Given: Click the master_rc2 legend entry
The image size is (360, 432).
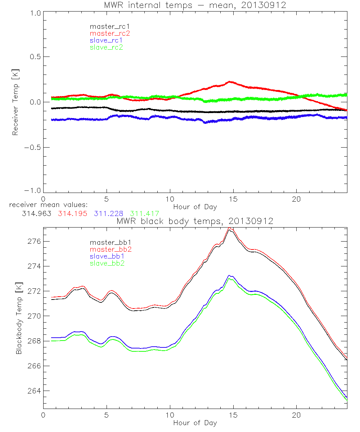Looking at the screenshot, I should coord(109,33).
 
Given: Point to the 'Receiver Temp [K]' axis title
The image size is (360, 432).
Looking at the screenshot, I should coord(15,102).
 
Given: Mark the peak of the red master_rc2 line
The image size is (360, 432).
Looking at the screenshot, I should coord(230,82).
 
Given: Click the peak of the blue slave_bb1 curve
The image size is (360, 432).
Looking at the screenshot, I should coord(229,275).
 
